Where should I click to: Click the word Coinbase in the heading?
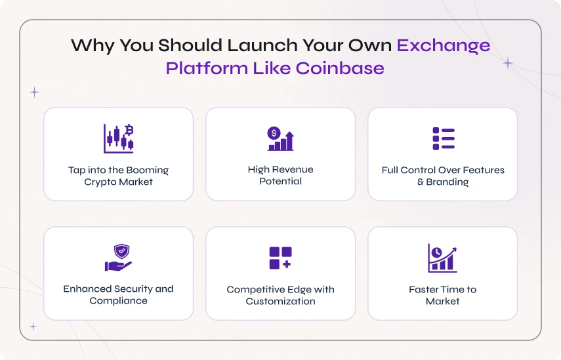[x=340, y=68]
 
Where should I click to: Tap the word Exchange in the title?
[x=444, y=46]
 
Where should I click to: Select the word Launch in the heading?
[x=262, y=45]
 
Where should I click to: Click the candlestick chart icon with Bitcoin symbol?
[x=118, y=139]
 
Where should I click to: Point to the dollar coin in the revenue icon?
[x=274, y=133]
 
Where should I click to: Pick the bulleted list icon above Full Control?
[x=444, y=139]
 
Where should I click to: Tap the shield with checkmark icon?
[x=121, y=251]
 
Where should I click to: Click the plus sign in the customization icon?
[x=287, y=264]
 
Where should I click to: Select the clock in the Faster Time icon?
[x=436, y=252]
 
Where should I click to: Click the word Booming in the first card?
[x=148, y=170]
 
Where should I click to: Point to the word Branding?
[x=447, y=182]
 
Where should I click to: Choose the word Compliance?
[x=118, y=301]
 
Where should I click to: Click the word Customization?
[x=281, y=302]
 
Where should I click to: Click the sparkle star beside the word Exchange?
[x=507, y=64]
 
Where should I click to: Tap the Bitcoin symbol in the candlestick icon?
[x=129, y=130]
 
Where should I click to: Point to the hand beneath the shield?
[x=118, y=266]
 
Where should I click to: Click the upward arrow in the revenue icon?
[x=289, y=140]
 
